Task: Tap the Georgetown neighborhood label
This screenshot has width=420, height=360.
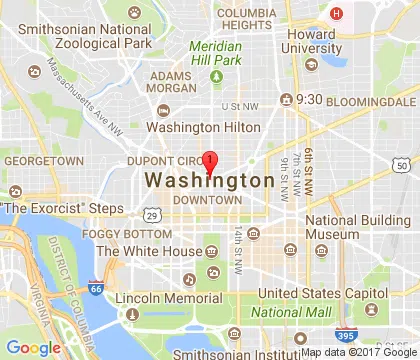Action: pyautogui.click(x=43, y=160)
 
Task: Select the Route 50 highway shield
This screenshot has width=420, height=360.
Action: pyautogui.click(x=401, y=165)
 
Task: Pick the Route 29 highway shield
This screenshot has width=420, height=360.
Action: pyautogui.click(x=150, y=214)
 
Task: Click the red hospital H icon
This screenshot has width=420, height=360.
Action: pyautogui.click(x=336, y=13)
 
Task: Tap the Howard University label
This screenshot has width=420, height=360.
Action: pyautogui.click(x=309, y=40)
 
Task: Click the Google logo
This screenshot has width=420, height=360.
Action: pyautogui.click(x=34, y=347)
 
